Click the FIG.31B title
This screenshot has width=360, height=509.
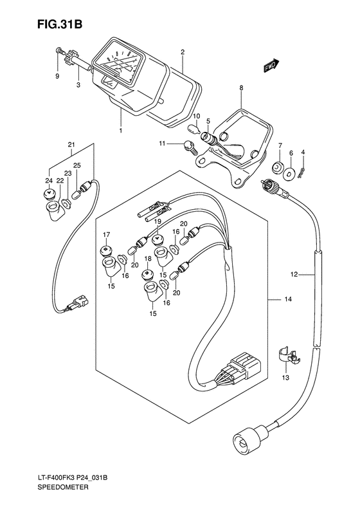click(x=60, y=24)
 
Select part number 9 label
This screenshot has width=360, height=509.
click(x=57, y=77)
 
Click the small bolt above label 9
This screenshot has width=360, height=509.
click(x=59, y=50)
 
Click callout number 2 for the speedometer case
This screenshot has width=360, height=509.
click(x=183, y=51)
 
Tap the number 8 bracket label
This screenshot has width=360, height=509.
click(x=241, y=88)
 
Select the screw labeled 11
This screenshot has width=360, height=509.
click(x=189, y=145)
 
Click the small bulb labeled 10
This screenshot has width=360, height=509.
click(x=193, y=127)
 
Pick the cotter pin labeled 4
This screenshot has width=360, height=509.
click(x=301, y=172)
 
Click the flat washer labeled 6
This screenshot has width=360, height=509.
click(x=289, y=174)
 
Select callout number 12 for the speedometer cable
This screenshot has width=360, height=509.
click(x=294, y=275)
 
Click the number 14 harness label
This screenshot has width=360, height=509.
click(x=287, y=299)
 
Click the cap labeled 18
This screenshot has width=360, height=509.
click(x=148, y=274)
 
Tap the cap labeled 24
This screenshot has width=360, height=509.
click(x=49, y=194)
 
